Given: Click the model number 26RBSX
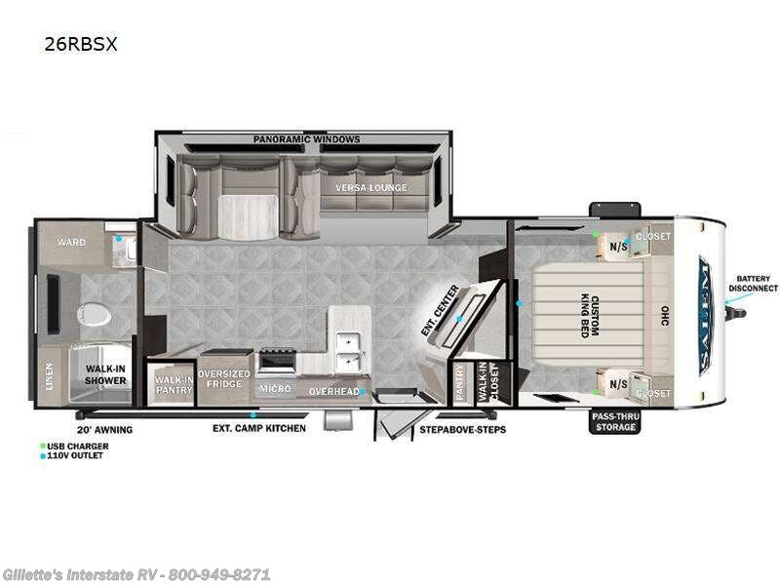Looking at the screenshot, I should (81, 44).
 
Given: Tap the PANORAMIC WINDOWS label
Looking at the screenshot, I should (307, 139).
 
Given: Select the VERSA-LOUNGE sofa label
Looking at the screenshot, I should (371, 187).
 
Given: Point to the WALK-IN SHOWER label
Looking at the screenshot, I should (104, 374).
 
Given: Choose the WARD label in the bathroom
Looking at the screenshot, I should (71, 242).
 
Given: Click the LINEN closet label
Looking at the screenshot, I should (50, 375).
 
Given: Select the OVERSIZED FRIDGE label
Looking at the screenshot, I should (224, 380).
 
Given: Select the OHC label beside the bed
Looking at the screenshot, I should (664, 317).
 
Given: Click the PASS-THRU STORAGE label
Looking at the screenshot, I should (614, 420).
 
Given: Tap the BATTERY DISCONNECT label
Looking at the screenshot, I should (753, 284).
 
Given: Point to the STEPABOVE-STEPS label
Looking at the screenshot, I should (462, 429).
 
